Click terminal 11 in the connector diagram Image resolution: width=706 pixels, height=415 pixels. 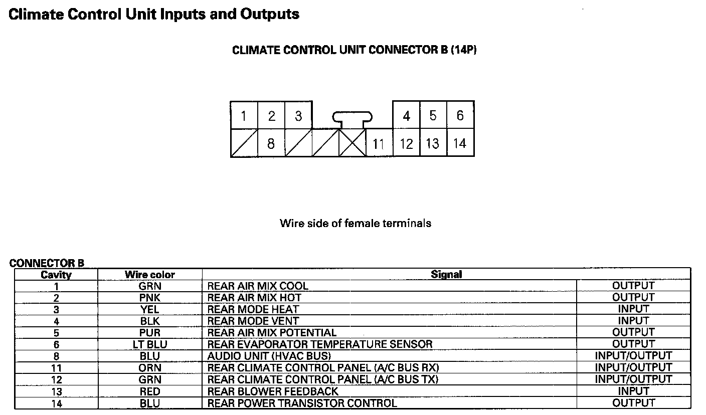pyautogui.click(x=379, y=144)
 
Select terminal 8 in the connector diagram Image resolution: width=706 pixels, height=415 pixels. pyautogui.click(x=271, y=144)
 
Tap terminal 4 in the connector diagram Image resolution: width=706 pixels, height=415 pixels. pyautogui.click(x=406, y=116)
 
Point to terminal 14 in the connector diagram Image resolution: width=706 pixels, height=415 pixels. pyautogui.click(x=459, y=144)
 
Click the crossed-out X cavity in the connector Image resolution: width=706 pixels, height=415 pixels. pyautogui.click(x=352, y=144)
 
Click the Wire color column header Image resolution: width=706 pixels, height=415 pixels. pyautogui.click(x=150, y=274)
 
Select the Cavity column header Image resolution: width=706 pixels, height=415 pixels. pyautogui.click(x=56, y=275)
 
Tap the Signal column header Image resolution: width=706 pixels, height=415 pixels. pyautogui.click(x=446, y=274)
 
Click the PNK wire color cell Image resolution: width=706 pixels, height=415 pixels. pyautogui.click(x=150, y=298)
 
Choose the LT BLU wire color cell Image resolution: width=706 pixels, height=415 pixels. pyautogui.click(x=150, y=344)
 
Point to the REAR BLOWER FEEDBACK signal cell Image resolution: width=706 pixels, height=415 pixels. pyautogui.click(x=273, y=391)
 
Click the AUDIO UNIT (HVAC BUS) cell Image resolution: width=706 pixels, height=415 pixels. pyautogui.click(x=269, y=356)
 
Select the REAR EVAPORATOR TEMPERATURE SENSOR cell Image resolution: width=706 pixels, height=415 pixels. pyautogui.click(x=320, y=344)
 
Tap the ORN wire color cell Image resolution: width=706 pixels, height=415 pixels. pyautogui.click(x=150, y=368)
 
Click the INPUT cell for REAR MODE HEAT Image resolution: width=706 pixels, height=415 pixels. pyautogui.click(x=633, y=309)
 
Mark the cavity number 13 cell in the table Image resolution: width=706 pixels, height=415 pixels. pyautogui.click(x=56, y=391)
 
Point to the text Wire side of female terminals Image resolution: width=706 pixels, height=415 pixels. pyautogui.click(x=356, y=223)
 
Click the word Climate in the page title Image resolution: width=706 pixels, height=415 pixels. pyautogui.click(x=36, y=14)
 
